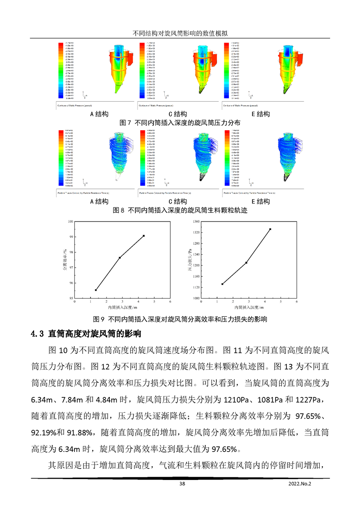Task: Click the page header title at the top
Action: (x=180, y=34)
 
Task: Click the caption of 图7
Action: (x=180, y=122)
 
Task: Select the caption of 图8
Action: (x=180, y=210)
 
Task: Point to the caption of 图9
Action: (x=180, y=319)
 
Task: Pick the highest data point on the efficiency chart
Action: (x=144, y=236)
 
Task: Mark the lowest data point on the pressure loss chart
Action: (x=222, y=284)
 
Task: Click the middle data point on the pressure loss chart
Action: (x=246, y=263)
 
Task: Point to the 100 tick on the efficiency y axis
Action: (x=70, y=221)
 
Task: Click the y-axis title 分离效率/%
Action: (x=64, y=260)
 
